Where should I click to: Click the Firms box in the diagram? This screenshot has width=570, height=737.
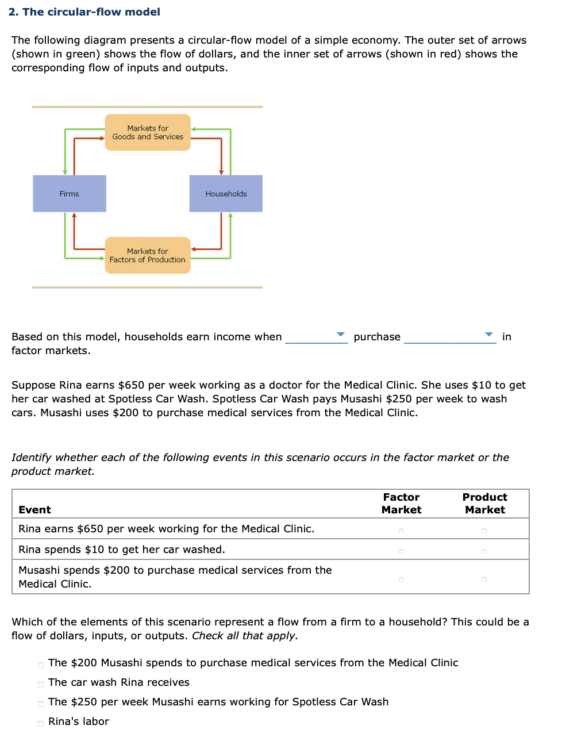click(70, 194)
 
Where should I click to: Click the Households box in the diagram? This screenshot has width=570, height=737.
click(226, 194)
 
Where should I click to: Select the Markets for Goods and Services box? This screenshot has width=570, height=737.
click(148, 132)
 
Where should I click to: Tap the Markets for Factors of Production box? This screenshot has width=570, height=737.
click(148, 255)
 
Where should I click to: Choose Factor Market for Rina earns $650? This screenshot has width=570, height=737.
click(401, 531)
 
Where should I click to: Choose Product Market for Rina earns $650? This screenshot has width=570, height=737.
click(484, 531)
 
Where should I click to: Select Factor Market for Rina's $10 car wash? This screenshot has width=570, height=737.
click(401, 552)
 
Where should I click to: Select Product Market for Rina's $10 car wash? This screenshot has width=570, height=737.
click(484, 552)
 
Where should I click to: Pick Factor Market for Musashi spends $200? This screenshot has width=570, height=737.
click(401, 579)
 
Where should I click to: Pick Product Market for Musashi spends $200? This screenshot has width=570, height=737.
click(484, 579)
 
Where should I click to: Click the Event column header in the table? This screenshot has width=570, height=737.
click(34, 510)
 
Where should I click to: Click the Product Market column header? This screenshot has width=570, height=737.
click(485, 504)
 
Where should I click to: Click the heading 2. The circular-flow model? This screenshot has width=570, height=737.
click(84, 12)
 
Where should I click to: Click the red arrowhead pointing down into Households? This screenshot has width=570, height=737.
click(221, 172)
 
